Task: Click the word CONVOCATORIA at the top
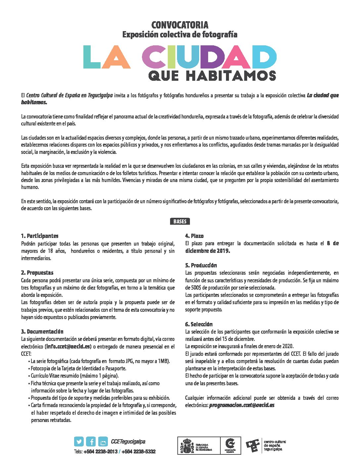click(x=180, y=25)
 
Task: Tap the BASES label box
click(x=180, y=222)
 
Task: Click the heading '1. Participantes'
click(x=40, y=236)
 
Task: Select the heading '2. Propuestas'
click(x=37, y=273)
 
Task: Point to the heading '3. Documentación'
click(x=42, y=332)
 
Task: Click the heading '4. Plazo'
click(x=194, y=236)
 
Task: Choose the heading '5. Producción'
click(x=201, y=265)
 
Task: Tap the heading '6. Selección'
click(x=199, y=324)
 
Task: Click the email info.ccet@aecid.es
click(x=68, y=347)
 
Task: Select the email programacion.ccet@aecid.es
click(x=242, y=405)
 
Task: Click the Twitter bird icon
click(x=79, y=442)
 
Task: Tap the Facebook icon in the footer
click(x=91, y=442)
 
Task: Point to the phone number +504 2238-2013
click(x=101, y=452)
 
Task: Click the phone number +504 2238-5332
click(x=139, y=452)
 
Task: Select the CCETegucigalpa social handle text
click(x=128, y=442)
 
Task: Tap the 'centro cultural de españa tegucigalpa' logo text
click(x=275, y=445)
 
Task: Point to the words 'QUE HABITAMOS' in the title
click(x=212, y=75)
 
